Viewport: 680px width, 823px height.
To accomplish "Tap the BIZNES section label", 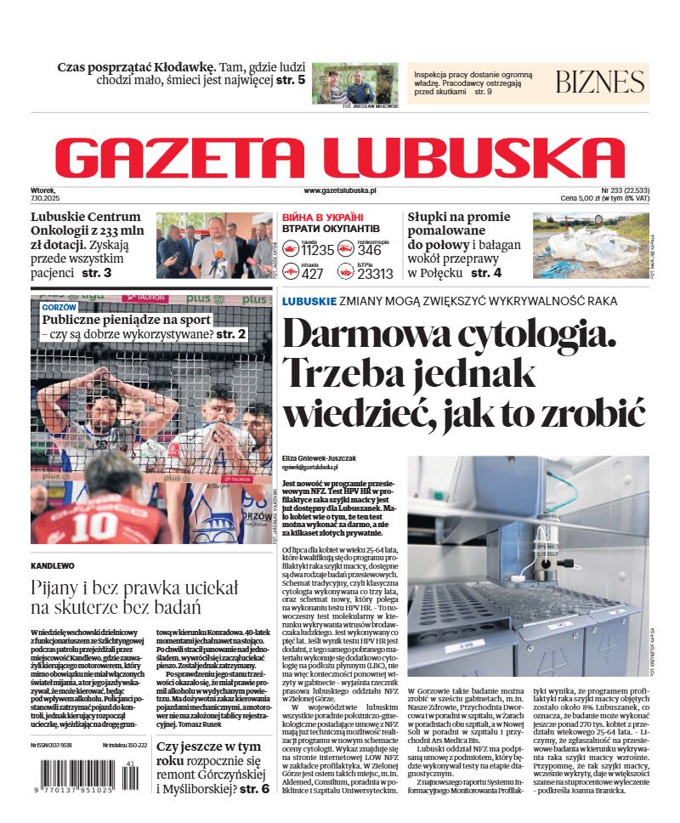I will tap(600, 82).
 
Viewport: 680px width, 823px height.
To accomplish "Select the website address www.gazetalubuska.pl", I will tap(340, 191).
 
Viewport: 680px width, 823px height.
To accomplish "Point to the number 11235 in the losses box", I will tap(318, 250).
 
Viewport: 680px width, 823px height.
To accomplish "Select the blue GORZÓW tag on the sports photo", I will tap(59, 306).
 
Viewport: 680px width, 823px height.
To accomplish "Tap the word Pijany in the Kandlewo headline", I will tap(56, 587).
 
